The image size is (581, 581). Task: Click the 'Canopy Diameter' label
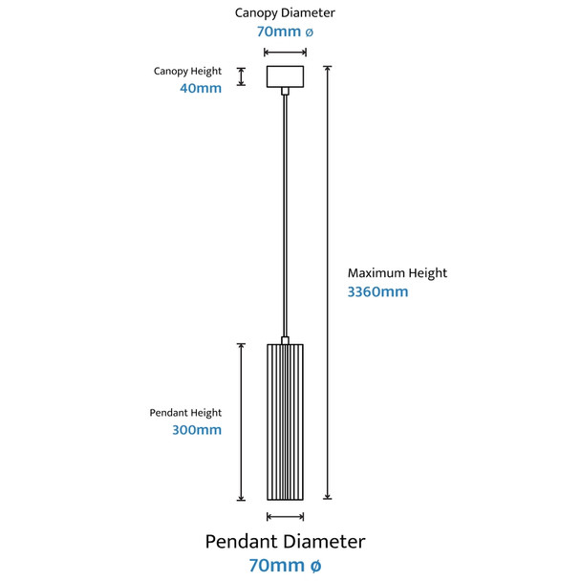(285, 13)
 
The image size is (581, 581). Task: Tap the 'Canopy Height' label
(187, 72)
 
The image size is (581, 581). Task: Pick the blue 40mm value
(201, 89)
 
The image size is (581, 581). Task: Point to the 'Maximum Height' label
(397, 273)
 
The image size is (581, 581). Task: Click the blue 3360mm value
(377, 292)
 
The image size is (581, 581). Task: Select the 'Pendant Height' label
(185, 413)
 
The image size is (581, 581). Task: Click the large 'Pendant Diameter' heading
(285, 542)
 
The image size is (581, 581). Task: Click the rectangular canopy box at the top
(285, 75)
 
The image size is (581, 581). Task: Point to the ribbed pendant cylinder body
(285, 420)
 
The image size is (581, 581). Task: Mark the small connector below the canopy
(285, 91)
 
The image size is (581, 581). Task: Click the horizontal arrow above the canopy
(285, 53)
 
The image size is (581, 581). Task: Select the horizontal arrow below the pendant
(285, 516)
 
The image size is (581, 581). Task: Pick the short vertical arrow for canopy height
(242, 76)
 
